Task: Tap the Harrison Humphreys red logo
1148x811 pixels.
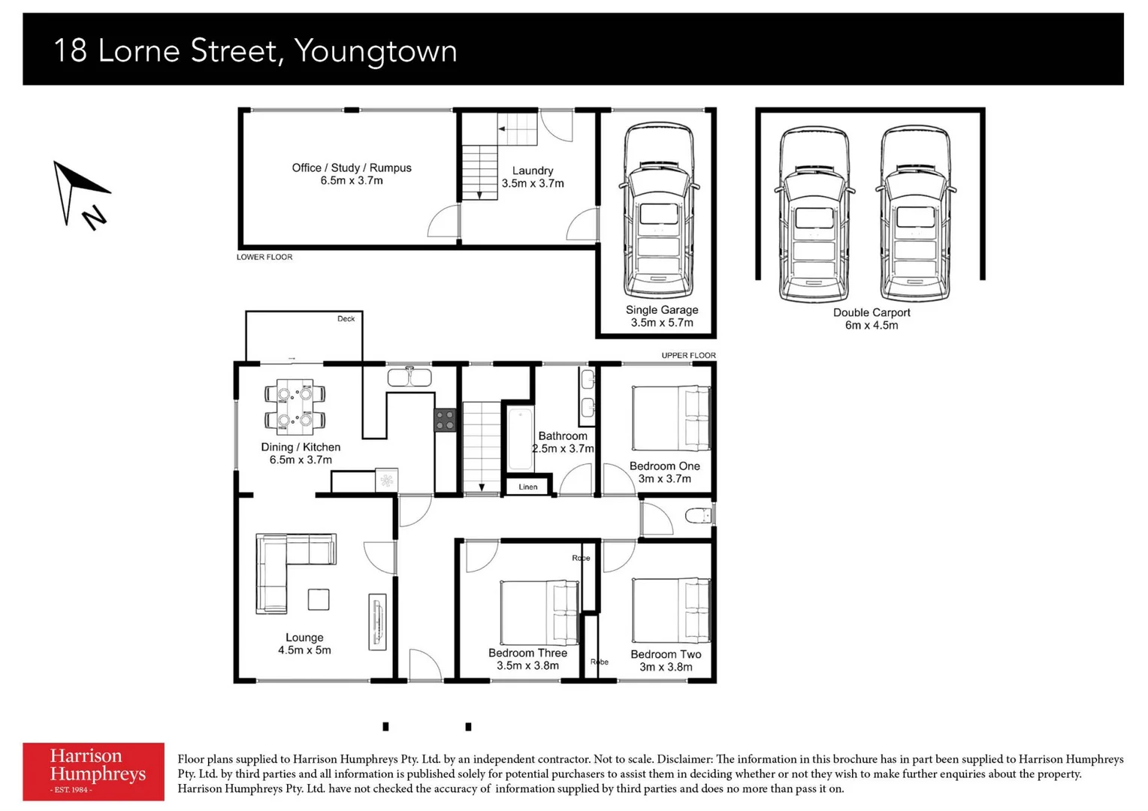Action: (93, 771)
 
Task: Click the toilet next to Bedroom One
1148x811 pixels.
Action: (699, 515)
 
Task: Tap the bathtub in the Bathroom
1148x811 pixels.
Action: (520, 439)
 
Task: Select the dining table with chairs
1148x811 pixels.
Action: (295, 407)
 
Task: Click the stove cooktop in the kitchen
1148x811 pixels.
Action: (445, 420)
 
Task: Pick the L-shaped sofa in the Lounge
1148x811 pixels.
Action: (285, 567)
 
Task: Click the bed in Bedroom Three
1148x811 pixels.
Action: (539, 612)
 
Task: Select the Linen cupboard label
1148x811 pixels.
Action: (528, 487)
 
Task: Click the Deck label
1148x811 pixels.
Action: (346, 318)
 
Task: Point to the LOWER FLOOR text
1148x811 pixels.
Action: (264, 257)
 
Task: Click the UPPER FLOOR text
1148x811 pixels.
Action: (688, 355)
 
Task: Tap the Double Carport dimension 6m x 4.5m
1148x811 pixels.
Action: (872, 325)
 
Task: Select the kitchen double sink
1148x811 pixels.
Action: (409, 376)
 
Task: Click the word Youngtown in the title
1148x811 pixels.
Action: (376, 51)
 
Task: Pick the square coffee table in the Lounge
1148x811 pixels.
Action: (319, 599)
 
